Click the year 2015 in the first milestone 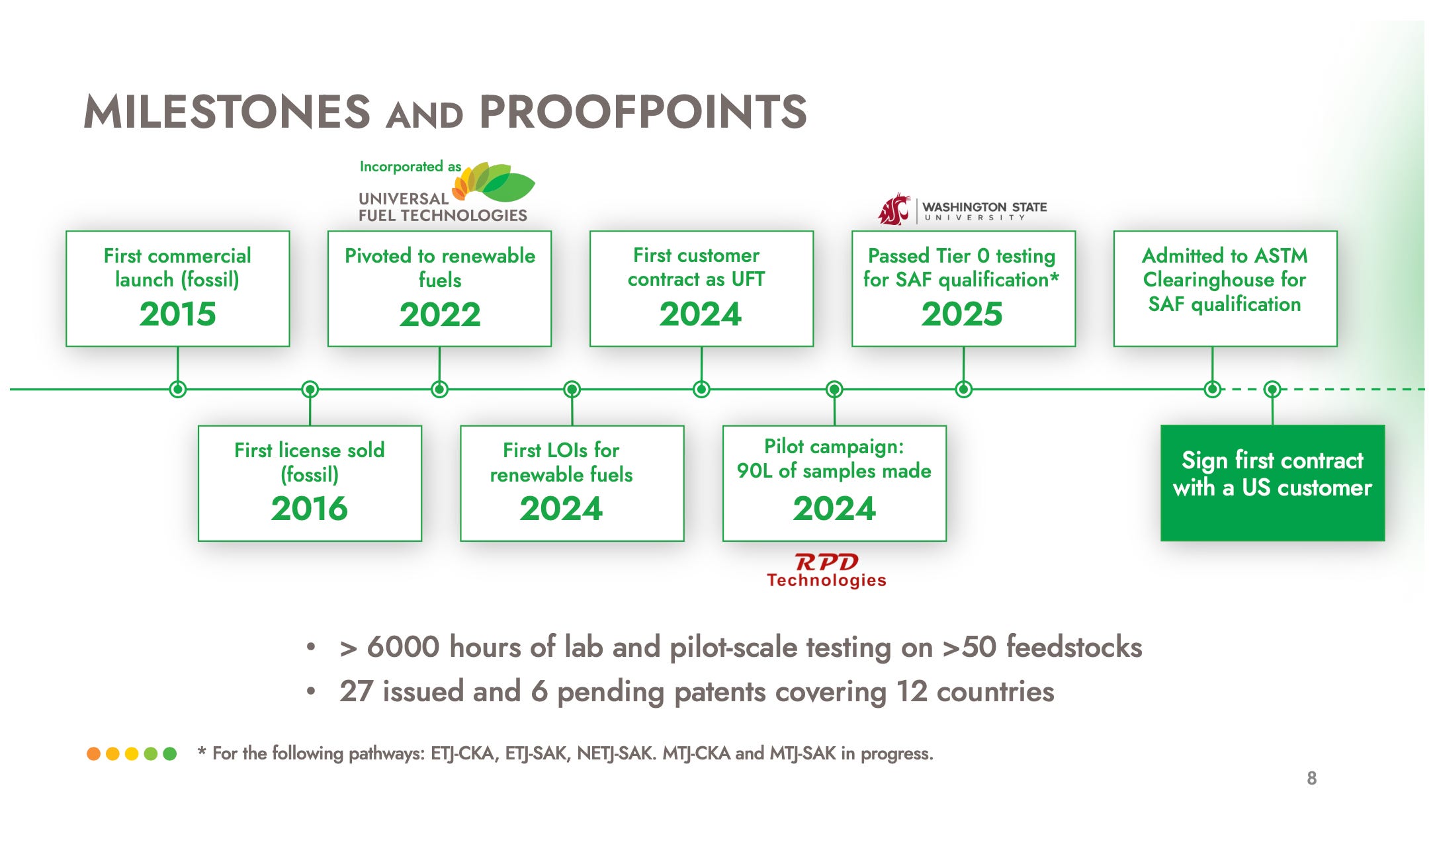tap(177, 314)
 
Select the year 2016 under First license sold tap(309, 508)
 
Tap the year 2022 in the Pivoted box tap(440, 314)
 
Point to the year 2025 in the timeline tap(962, 314)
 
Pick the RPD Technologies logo tap(826, 570)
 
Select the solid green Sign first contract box tap(1272, 483)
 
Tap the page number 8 tap(1311, 778)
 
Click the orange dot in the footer tap(94, 753)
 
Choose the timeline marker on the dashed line tap(1272, 389)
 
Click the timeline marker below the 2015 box tap(177, 389)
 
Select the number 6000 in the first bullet tap(403, 646)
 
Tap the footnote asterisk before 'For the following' tap(202, 752)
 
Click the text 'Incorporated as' tap(410, 167)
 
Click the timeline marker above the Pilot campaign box tap(834, 389)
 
